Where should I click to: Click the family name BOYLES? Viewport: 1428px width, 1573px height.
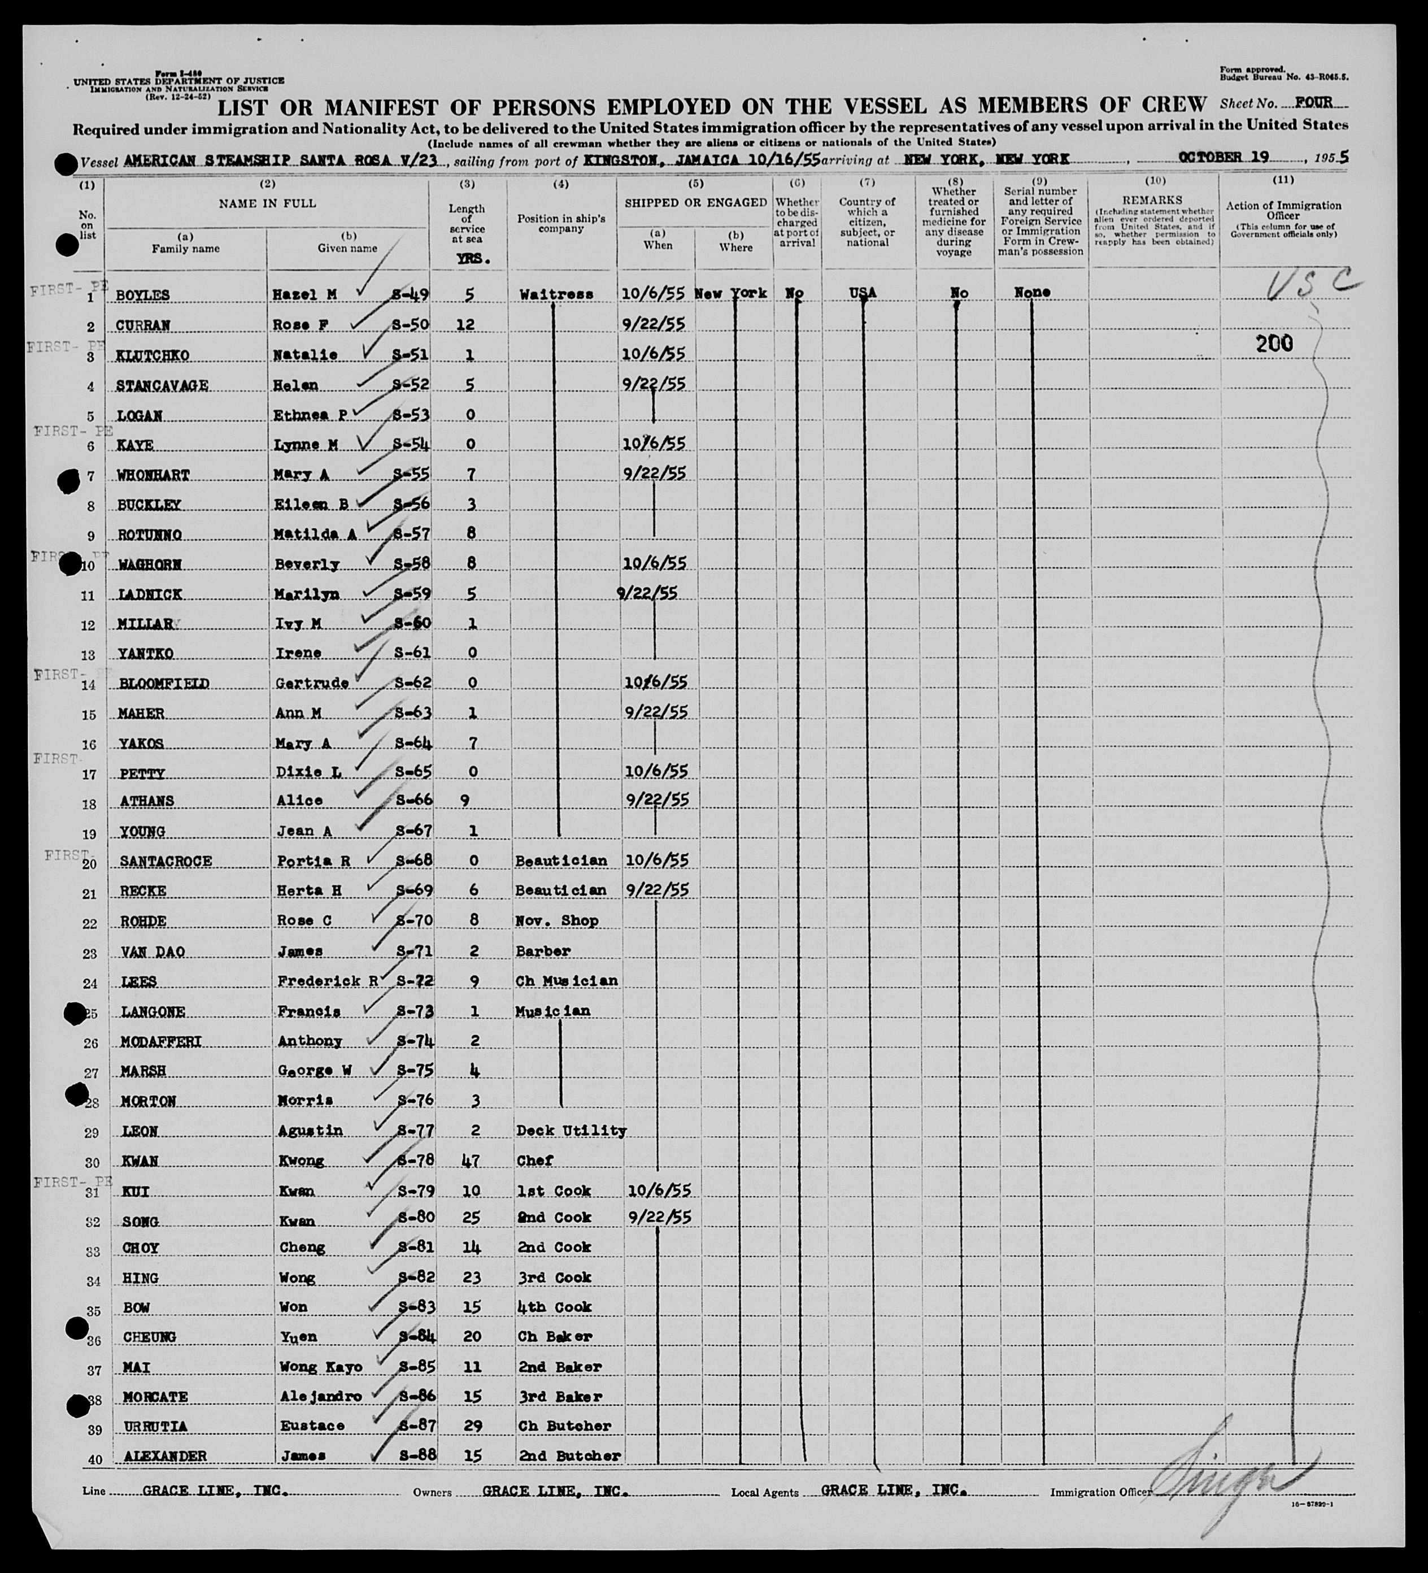[143, 296]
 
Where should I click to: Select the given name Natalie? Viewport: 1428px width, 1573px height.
[306, 355]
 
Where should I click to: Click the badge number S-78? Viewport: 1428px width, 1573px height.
[414, 1160]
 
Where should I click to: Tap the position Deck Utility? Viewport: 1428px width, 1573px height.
[571, 1131]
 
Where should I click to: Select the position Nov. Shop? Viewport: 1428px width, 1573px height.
[556, 921]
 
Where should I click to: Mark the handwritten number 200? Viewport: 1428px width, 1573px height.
[1274, 344]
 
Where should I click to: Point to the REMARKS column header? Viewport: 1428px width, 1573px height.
[1153, 201]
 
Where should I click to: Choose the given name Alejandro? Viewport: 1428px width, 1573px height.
[319, 1397]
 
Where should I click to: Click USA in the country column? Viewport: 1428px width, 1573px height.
[863, 293]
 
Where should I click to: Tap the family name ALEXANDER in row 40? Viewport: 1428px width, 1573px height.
[164, 1456]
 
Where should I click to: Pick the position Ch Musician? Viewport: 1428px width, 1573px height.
[566, 981]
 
